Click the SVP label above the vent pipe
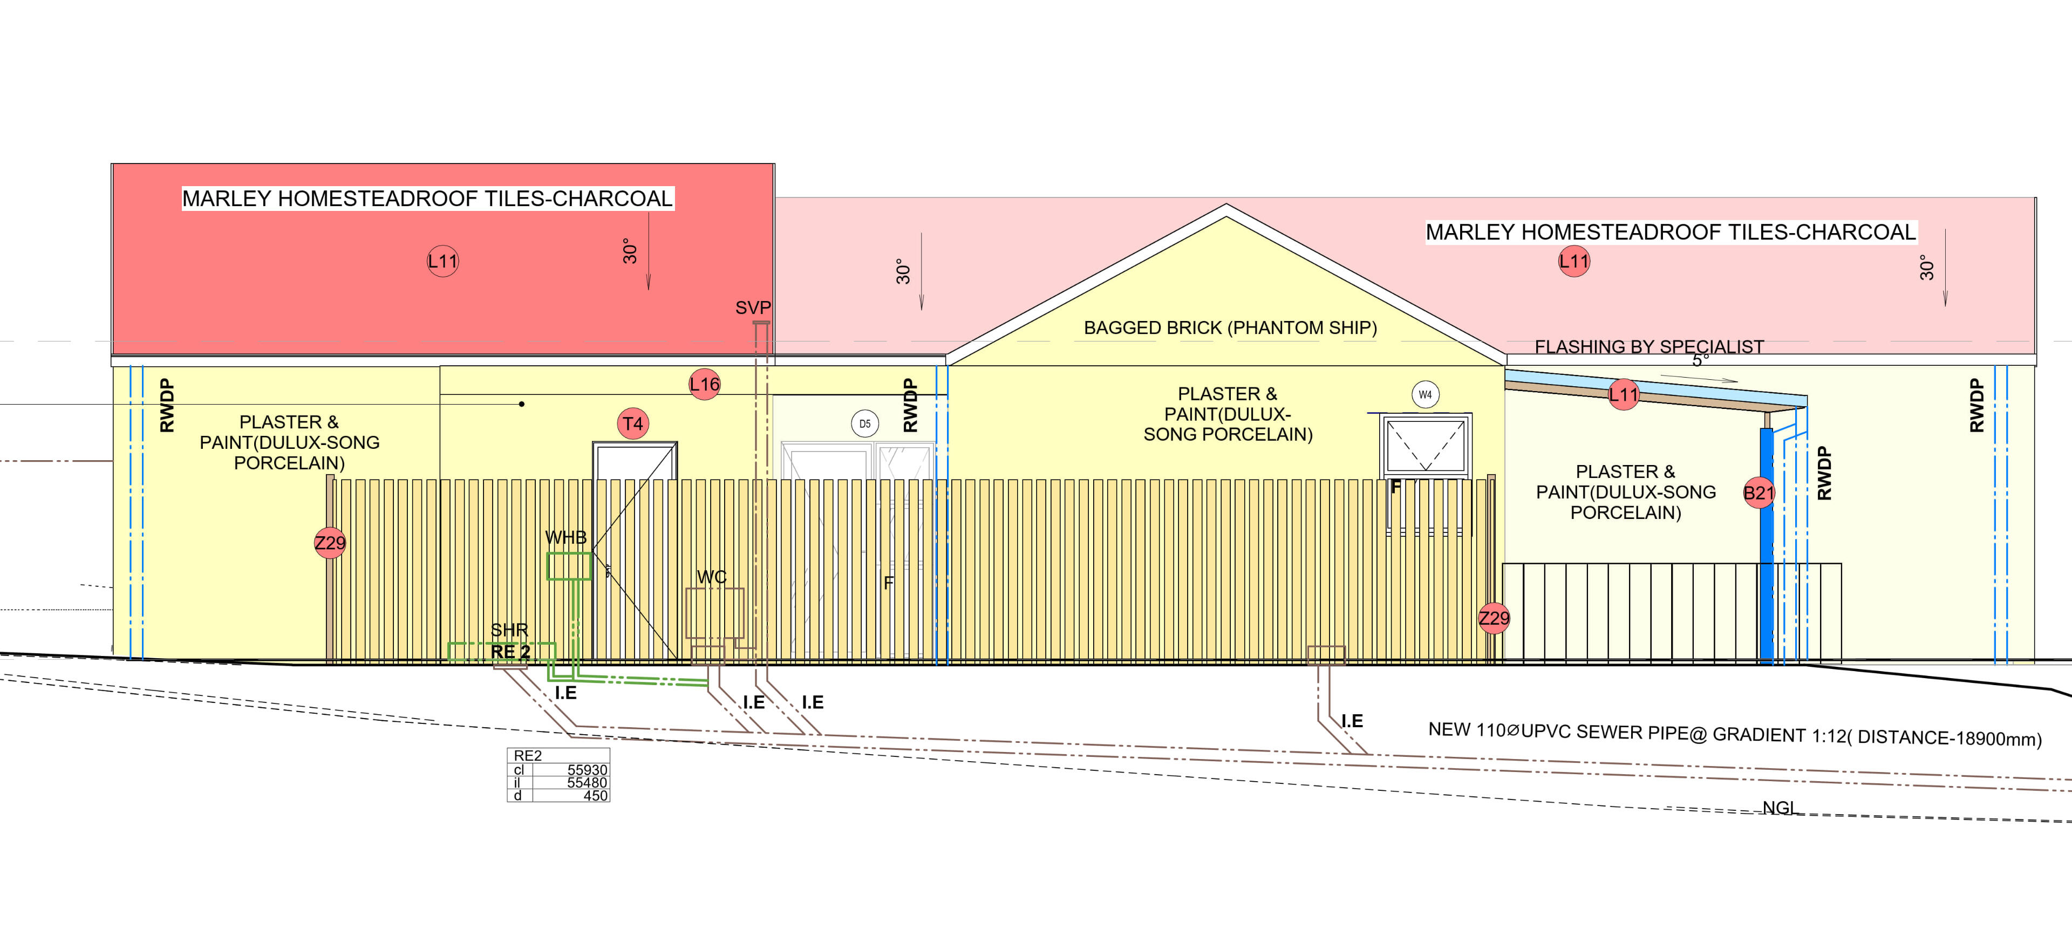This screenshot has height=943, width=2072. [753, 308]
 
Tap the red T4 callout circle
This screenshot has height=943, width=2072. [633, 423]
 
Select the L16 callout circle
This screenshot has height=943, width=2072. [705, 384]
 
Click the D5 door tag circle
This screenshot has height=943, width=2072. [864, 423]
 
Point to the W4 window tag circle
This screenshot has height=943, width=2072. [1425, 395]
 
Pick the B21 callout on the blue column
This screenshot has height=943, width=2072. [1759, 493]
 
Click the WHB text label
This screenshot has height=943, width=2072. [565, 537]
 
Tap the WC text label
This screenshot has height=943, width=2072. [712, 577]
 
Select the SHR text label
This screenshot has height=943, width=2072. [509, 630]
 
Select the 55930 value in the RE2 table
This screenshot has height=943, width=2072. [587, 769]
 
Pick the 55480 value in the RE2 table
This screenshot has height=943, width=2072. [587, 782]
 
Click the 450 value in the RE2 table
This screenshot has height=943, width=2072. [595, 795]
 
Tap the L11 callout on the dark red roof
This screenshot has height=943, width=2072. [442, 261]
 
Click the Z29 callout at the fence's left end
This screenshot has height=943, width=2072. [330, 543]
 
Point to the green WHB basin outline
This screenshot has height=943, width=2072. [569, 566]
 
